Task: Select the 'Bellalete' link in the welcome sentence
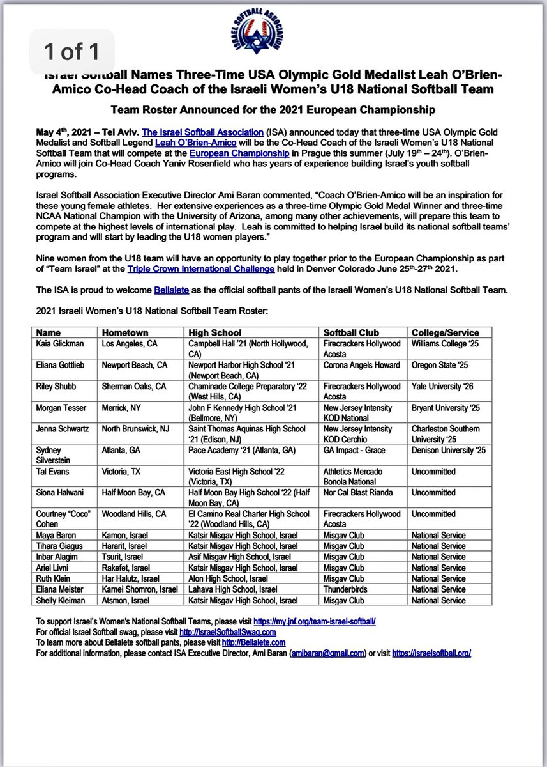pos(170,290)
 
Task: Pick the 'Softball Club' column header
pos(351,332)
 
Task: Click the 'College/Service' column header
pos(445,332)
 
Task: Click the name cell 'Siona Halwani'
pos(61,492)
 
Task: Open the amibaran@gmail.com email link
pos(327,653)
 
